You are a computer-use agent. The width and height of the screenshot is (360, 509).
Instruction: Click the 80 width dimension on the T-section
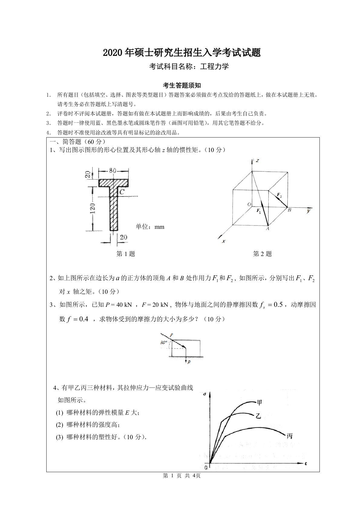pos(113,171)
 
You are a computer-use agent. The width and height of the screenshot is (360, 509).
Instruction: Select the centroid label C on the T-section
pos(122,192)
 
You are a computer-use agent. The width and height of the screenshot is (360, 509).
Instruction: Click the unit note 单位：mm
pos(150,227)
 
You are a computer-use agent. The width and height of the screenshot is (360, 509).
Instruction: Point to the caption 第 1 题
pos(126,254)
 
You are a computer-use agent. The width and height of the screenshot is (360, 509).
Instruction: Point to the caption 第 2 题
pos(262,254)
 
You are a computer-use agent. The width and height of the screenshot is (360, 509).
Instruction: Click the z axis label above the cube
pos(257,160)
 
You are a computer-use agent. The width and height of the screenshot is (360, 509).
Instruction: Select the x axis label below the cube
pos(224,241)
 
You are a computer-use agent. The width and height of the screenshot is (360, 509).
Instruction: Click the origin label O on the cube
pos(249,205)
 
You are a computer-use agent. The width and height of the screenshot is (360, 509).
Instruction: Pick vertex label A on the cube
pos(267,229)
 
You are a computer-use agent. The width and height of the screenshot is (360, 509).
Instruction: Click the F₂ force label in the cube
pos(279,196)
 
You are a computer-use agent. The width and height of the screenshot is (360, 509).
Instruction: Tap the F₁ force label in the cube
pos(259,211)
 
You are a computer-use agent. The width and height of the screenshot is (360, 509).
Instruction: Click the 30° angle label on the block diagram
pos(164,343)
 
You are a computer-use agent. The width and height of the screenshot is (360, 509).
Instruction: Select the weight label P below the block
pos(189,362)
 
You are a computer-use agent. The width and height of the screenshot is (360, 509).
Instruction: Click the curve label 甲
pos(259,402)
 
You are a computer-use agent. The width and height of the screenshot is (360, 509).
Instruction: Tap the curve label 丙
pos(290,436)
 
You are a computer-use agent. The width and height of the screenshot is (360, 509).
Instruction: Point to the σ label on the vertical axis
pos(205,394)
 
